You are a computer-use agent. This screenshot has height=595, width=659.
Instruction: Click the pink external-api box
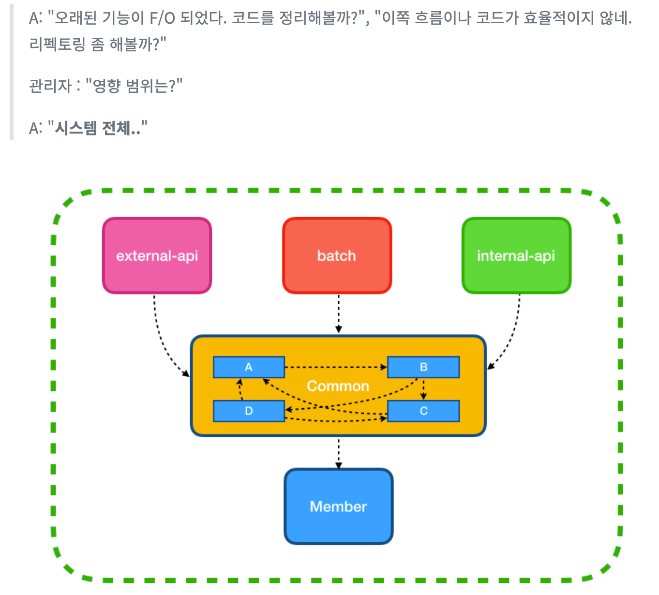tap(157, 255)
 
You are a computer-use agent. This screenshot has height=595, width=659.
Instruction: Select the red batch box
tap(337, 255)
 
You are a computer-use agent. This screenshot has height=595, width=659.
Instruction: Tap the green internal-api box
tap(516, 255)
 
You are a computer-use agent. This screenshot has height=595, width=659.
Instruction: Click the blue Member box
tap(338, 506)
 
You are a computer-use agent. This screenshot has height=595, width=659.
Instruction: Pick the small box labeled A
tap(249, 367)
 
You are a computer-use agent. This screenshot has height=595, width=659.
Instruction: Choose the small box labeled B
tap(423, 367)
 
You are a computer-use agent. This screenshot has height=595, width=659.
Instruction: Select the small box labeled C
tap(423, 411)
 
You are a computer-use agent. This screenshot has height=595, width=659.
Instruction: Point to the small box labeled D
tap(249, 411)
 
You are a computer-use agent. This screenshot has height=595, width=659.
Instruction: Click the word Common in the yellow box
tap(338, 386)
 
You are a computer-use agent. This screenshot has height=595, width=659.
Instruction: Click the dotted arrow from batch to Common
tap(339, 313)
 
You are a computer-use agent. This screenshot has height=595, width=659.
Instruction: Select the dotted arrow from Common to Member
tap(339, 453)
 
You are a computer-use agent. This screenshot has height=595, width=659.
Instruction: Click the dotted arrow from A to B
tap(336, 367)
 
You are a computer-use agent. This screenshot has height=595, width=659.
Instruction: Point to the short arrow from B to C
tap(424, 389)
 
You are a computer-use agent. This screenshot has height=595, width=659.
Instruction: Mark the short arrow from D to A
tap(240, 389)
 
